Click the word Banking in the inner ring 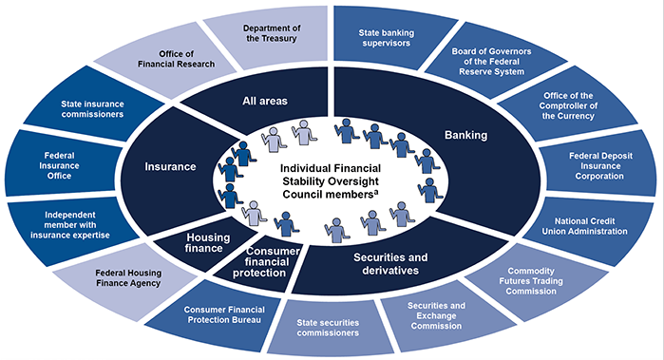465,135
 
